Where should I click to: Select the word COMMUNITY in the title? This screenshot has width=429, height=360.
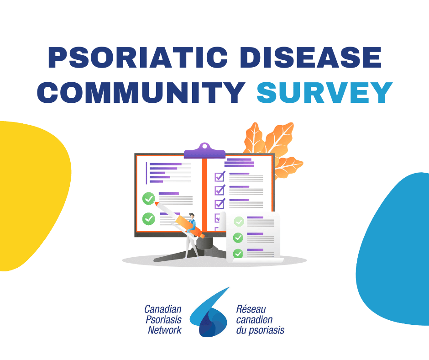pos(141,92)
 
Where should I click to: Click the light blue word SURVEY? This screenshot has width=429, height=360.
pos(324,92)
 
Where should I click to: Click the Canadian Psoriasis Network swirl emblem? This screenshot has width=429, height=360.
pos(210,315)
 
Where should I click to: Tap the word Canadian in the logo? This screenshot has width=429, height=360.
pos(163,309)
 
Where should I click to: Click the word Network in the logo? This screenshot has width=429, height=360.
pos(165,330)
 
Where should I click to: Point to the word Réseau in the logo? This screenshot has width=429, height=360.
pos(251,309)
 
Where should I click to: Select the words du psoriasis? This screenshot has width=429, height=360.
pos(260,330)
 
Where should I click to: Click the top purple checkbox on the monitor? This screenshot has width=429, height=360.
pos(220,176)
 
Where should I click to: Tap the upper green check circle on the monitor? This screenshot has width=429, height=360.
pos(149,198)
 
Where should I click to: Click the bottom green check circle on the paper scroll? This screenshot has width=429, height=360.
pos(238,254)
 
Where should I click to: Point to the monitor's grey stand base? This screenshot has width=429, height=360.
pos(192,254)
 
